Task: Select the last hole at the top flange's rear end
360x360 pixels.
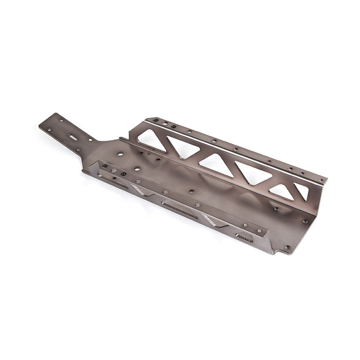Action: (321, 180)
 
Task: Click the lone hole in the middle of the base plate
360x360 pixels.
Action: (191, 191)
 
